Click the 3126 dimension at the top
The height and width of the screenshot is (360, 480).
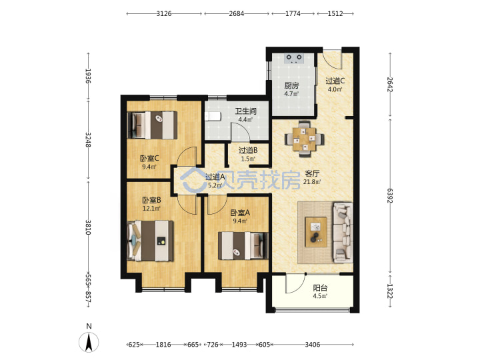[x=164, y=13]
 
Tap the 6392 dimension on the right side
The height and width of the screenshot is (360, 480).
[x=390, y=195]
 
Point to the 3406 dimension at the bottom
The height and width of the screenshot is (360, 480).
[x=312, y=345]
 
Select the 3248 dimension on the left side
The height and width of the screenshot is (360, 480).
[x=88, y=139]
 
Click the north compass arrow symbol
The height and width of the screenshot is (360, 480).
[x=89, y=342]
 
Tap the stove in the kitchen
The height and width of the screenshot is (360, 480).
[x=294, y=59]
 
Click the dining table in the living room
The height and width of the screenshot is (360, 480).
[x=304, y=139]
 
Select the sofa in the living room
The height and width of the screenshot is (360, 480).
[x=343, y=232]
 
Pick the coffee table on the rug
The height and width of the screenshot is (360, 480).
[x=316, y=232]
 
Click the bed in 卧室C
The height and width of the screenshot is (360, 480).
[x=152, y=125]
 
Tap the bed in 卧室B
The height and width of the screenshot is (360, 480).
[x=150, y=241]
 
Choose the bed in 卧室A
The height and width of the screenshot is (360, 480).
[x=243, y=246]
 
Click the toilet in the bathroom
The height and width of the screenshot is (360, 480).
[x=213, y=117]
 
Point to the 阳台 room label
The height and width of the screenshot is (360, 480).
[x=320, y=288]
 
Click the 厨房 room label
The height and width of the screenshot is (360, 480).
[x=291, y=86]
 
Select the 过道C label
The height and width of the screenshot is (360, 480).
[x=335, y=81]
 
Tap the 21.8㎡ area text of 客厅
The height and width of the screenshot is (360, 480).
[x=312, y=182]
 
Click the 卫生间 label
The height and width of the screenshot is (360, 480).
[x=245, y=111]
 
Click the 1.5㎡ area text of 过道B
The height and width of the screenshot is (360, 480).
[x=248, y=159]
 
